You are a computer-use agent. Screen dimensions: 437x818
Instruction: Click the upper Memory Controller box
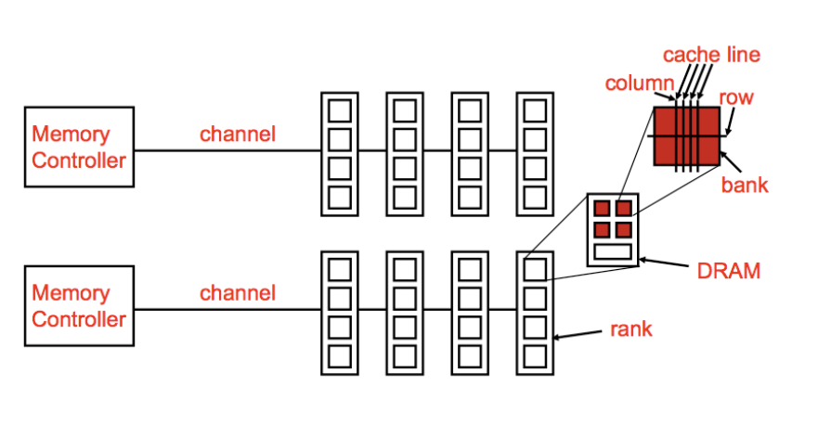pos(79,147)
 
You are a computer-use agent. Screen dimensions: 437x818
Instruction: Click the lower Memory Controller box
pos(79,305)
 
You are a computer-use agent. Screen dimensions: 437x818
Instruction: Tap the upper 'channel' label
pos(238,134)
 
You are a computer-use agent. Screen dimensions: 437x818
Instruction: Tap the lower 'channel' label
pos(238,293)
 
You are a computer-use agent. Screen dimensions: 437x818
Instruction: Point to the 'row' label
pos(736,97)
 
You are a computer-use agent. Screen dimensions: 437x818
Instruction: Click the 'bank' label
pos(745,184)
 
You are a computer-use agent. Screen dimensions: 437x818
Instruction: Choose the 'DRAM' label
pos(729,271)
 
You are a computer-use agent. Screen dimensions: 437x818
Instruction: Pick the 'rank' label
pos(631,329)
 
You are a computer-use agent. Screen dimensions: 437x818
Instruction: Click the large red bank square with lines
pos(687,137)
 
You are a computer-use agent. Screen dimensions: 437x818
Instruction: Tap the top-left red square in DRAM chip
pos(603,208)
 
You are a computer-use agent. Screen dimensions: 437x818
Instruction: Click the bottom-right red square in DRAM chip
pos(624,228)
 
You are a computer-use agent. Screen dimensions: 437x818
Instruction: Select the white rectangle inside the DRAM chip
pos(613,250)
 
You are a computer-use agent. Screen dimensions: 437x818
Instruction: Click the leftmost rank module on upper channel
pos(340,154)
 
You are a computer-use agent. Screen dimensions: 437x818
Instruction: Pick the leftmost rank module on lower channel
pos(340,313)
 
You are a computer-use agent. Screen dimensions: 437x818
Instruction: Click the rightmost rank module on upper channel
pos(535,154)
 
